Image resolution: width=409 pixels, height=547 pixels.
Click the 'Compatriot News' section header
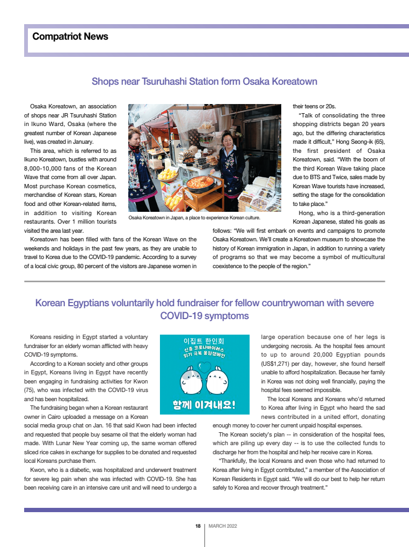70,36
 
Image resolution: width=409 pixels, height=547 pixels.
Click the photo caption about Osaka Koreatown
194,218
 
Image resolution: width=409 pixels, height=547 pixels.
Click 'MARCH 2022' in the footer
223,526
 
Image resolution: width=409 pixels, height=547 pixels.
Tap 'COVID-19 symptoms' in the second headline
204,316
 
